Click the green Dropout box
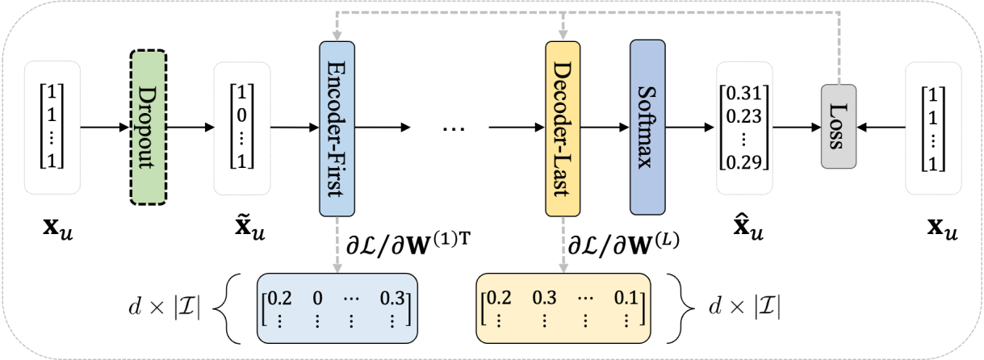click(x=149, y=128)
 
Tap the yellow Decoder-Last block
click(x=563, y=128)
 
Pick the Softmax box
click(x=647, y=127)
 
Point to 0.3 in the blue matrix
click(x=392, y=298)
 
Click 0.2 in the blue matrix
click(x=279, y=298)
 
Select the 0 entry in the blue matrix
click(x=317, y=298)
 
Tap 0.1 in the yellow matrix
click(x=624, y=298)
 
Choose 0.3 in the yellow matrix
click(x=545, y=298)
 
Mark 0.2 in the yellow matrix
click(x=501, y=298)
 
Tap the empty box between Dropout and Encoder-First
click(x=241, y=128)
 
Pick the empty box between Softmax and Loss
click(x=744, y=128)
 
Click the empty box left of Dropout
click(x=52, y=128)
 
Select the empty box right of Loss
click(x=933, y=128)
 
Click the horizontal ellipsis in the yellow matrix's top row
click(x=585, y=298)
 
